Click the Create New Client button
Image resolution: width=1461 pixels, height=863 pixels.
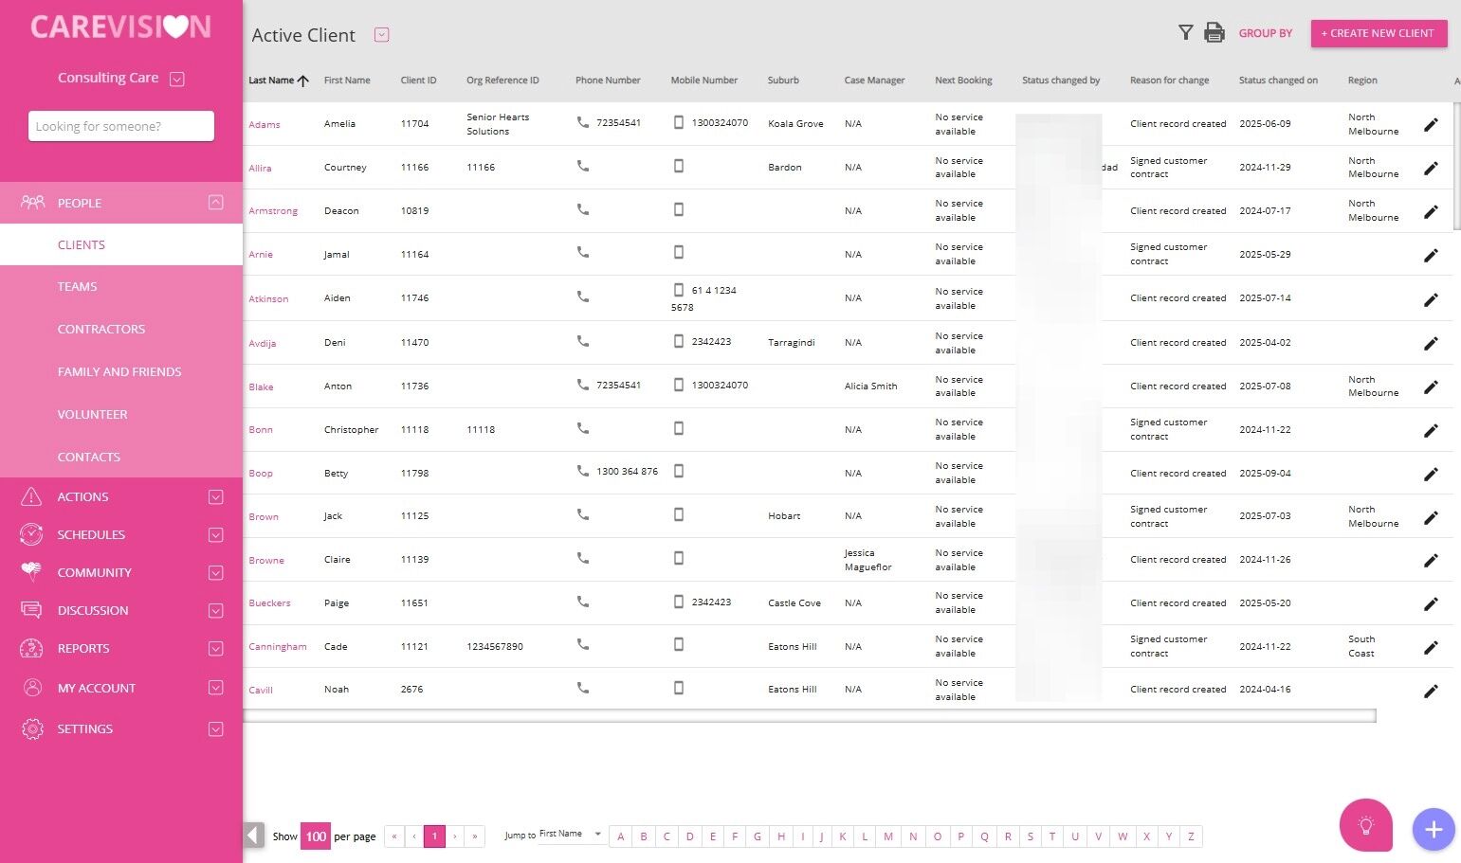[x=1379, y=33]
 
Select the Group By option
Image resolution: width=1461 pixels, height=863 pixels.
[x=1265, y=33]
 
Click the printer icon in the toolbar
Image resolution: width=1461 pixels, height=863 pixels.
[x=1214, y=33]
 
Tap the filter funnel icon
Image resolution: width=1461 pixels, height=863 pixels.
[x=1185, y=33]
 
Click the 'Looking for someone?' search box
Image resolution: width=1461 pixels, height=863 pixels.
[x=121, y=126]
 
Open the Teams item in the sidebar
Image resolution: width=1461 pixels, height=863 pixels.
[x=78, y=287]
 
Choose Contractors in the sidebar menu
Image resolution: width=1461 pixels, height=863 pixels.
[x=101, y=330]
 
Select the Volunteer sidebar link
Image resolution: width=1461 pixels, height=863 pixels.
[x=92, y=415]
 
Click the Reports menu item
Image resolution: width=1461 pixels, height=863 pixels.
[x=83, y=649]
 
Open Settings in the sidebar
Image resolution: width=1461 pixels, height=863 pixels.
[x=85, y=729]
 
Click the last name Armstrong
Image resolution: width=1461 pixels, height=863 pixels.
[x=273, y=211]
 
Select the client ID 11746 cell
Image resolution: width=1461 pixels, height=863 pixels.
[x=414, y=298]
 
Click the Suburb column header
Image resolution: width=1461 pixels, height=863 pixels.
[x=783, y=81]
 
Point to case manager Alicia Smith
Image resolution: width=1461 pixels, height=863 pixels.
[x=870, y=387]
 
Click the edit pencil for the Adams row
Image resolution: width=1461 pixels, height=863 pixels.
[x=1431, y=125]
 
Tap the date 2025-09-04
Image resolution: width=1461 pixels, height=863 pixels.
[x=1265, y=474]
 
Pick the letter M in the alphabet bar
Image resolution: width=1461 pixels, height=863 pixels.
[x=888, y=836]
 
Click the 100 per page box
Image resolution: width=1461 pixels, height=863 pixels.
[x=316, y=836]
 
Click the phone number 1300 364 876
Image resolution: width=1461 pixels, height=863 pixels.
[x=627, y=472]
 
